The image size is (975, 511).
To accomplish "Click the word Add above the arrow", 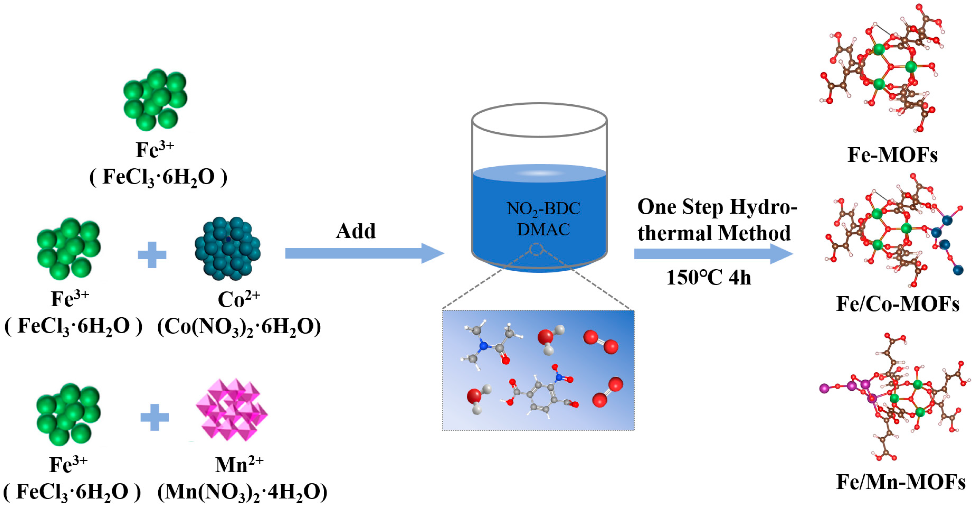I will pyautogui.click(x=356, y=231).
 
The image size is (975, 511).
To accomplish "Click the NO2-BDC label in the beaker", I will pyautogui.click(x=543, y=209).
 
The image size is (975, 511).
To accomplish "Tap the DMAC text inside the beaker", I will pyautogui.click(x=543, y=229).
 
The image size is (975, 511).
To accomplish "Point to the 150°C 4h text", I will pyautogui.click(x=708, y=277).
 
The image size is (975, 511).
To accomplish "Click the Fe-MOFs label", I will pyautogui.click(x=892, y=154).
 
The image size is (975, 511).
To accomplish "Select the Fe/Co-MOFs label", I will pyautogui.click(x=897, y=304).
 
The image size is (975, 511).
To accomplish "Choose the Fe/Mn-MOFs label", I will pyautogui.click(x=900, y=482).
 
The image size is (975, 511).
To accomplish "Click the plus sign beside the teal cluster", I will pyautogui.click(x=152, y=255).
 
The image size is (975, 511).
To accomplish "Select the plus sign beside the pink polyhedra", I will pyautogui.click(x=154, y=417).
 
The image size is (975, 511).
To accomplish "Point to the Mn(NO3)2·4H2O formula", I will pyautogui.click(x=242, y=492).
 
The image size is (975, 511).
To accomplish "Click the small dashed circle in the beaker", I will pyautogui.click(x=536, y=250).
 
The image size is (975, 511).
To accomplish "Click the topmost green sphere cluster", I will pyautogui.click(x=155, y=99).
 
